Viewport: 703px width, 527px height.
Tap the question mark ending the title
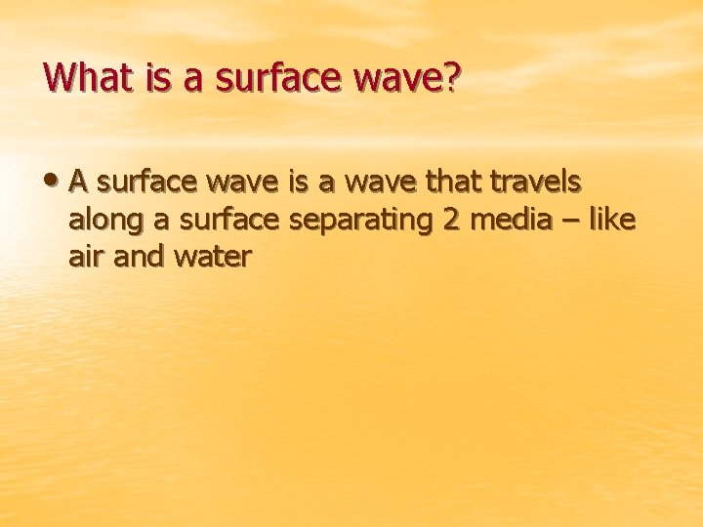click(x=450, y=76)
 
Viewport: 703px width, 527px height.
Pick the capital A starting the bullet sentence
click(x=80, y=182)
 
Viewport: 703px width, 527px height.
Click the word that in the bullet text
click(x=458, y=182)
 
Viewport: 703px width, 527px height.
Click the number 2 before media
click(x=451, y=220)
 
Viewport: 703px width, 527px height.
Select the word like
click(x=611, y=220)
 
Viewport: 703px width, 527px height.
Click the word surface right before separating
click(x=231, y=220)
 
